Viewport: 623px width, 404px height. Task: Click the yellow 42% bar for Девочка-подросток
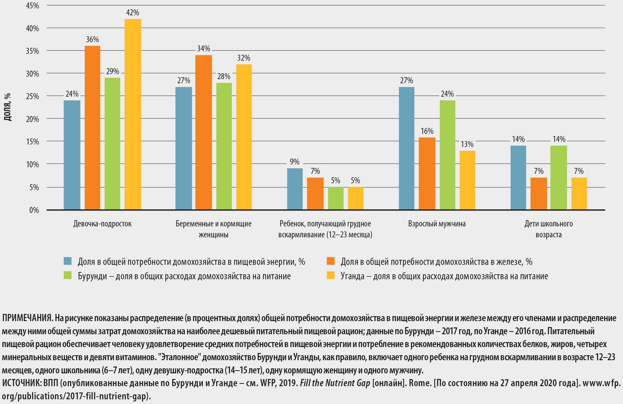pyautogui.click(x=133, y=114)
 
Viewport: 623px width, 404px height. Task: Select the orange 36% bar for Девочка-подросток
pyautogui.click(x=92, y=128)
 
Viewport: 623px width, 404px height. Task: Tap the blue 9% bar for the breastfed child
pyautogui.click(x=295, y=189)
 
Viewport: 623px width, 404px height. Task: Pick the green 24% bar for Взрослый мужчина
pyautogui.click(x=447, y=155)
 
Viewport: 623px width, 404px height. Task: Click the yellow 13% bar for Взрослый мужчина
pyautogui.click(x=467, y=180)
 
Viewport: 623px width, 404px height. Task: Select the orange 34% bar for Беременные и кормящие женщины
pyautogui.click(x=203, y=132)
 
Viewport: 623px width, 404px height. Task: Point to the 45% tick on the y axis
pyautogui.click(x=33, y=6)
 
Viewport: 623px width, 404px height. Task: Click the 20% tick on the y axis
pyautogui.click(x=33, y=119)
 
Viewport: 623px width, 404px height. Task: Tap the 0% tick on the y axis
pyautogui.click(x=34, y=210)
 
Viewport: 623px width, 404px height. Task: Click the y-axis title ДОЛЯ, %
pyautogui.click(x=8, y=107)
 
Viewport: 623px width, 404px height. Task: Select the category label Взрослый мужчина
pyautogui.click(x=437, y=224)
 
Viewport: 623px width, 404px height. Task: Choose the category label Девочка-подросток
pyautogui.click(x=102, y=224)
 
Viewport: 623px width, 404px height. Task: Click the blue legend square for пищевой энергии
pyautogui.click(x=68, y=261)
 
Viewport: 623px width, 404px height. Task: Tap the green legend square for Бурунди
pyautogui.click(x=68, y=275)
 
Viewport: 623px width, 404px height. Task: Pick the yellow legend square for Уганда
pyautogui.click(x=331, y=275)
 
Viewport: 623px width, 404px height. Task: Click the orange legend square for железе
pyautogui.click(x=331, y=261)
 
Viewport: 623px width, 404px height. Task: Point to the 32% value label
pyautogui.click(x=244, y=58)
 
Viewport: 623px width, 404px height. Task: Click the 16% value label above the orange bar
pyautogui.click(x=427, y=131)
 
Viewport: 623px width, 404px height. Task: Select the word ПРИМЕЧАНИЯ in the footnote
pyautogui.click(x=27, y=318)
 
